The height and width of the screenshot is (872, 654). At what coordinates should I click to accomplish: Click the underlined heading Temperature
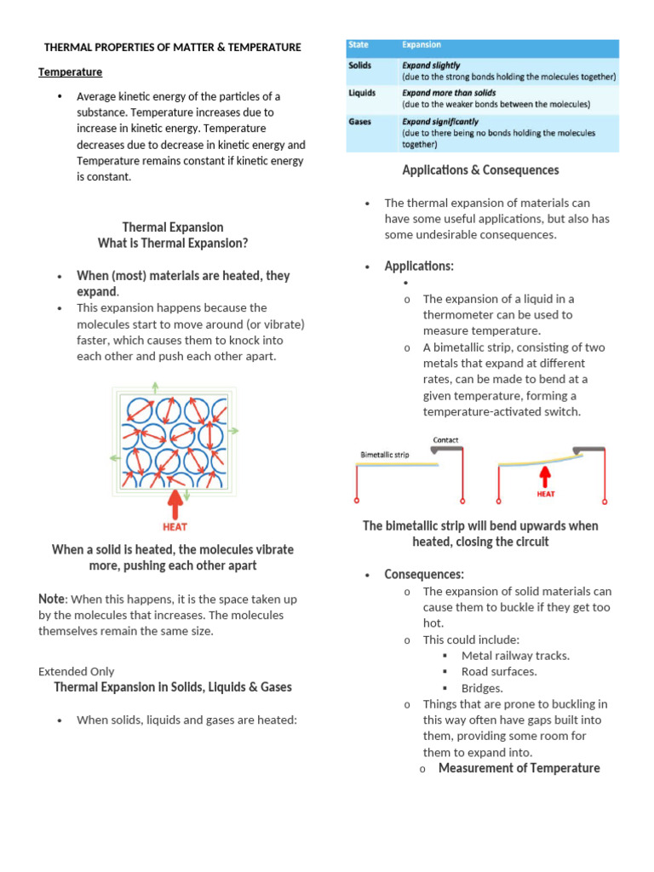pyautogui.click(x=70, y=72)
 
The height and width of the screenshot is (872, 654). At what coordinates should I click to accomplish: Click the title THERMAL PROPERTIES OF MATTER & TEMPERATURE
pyautogui.click(x=172, y=48)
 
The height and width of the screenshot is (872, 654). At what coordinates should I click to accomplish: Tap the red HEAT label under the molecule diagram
pyautogui.click(x=175, y=527)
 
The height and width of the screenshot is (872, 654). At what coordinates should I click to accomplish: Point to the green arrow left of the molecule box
pyautogui.click(x=114, y=457)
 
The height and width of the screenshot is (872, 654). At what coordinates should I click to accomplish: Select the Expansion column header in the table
pyautogui.click(x=422, y=45)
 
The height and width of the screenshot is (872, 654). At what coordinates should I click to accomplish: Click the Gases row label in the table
pyautogui.click(x=360, y=122)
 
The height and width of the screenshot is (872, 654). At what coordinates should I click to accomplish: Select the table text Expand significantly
pyautogui.click(x=440, y=122)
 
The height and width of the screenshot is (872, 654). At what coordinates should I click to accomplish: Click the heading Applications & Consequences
pyautogui.click(x=480, y=170)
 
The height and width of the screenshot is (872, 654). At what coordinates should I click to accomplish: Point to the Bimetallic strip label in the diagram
pyautogui.click(x=385, y=455)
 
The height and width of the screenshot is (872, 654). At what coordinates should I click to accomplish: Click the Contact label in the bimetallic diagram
pyautogui.click(x=445, y=440)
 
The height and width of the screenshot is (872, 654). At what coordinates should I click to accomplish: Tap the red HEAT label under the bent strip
pyautogui.click(x=546, y=493)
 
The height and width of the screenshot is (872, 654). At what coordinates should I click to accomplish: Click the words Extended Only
pyautogui.click(x=77, y=671)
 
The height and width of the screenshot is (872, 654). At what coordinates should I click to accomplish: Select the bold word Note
pyautogui.click(x=52, y=599)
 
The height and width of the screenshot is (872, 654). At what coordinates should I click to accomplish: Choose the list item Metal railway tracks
pyautogui.click(x=515, y=656)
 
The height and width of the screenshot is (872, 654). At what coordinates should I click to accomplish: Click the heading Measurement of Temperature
pyautogui.click(x=519, y=768)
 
